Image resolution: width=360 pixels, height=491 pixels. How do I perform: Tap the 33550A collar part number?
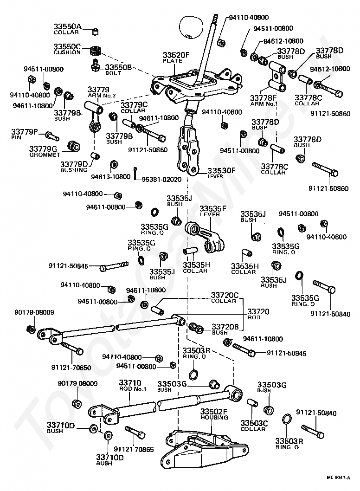pyautogui.click(x=67, y=26)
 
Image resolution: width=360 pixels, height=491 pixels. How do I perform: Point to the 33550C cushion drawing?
pyautogui.click(x=96, y=51)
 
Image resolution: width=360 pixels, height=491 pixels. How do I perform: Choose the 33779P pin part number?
pyautogui.click(x=25, y=131)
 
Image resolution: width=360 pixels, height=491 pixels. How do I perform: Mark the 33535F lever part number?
pyautogui.click(x=213, y=208)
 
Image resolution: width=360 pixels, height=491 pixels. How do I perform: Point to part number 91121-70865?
pyautogui.click(x=134, y=450)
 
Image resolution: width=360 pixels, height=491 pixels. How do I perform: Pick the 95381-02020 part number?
pyautogui.click(x=161, y=180)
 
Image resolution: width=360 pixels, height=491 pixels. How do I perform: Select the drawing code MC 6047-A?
pyautogui.click(x=338, y=478)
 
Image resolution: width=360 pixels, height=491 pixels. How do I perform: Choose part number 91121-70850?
pyautogui.click(x=71, y=367)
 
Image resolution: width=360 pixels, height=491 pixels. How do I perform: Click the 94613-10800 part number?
pyautogui.click(x=111, y=177)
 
